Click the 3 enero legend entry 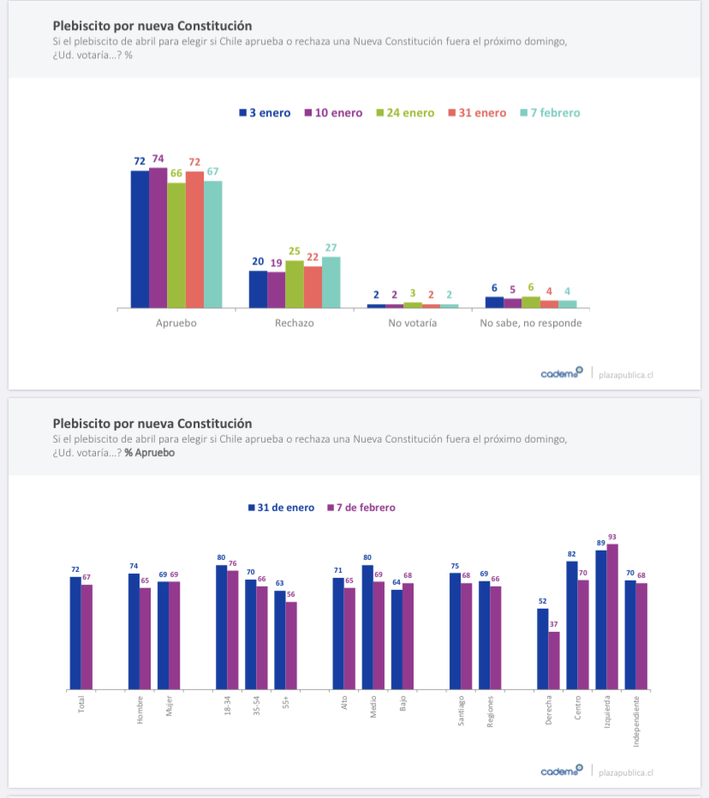click(265, 113)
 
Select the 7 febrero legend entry click(550, 113)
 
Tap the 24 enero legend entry click(405, 113)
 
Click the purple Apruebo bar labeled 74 click(158, 238)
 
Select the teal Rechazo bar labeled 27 click(331, 282)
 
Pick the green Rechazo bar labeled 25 click(294, 284)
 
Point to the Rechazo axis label click(294, 323)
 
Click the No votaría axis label click(412, 323)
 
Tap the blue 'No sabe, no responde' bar click(494, 301)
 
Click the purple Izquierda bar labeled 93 click(612, 616)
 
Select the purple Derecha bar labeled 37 click(554, 660)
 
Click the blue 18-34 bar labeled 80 click(221, 627)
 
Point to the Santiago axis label click(462, 710)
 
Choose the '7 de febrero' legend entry click(360, 508)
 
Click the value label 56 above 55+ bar click(290, 594)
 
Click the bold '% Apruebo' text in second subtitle click(150, 452)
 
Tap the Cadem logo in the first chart click(562, 373)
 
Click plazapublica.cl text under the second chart click(627, 771)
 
